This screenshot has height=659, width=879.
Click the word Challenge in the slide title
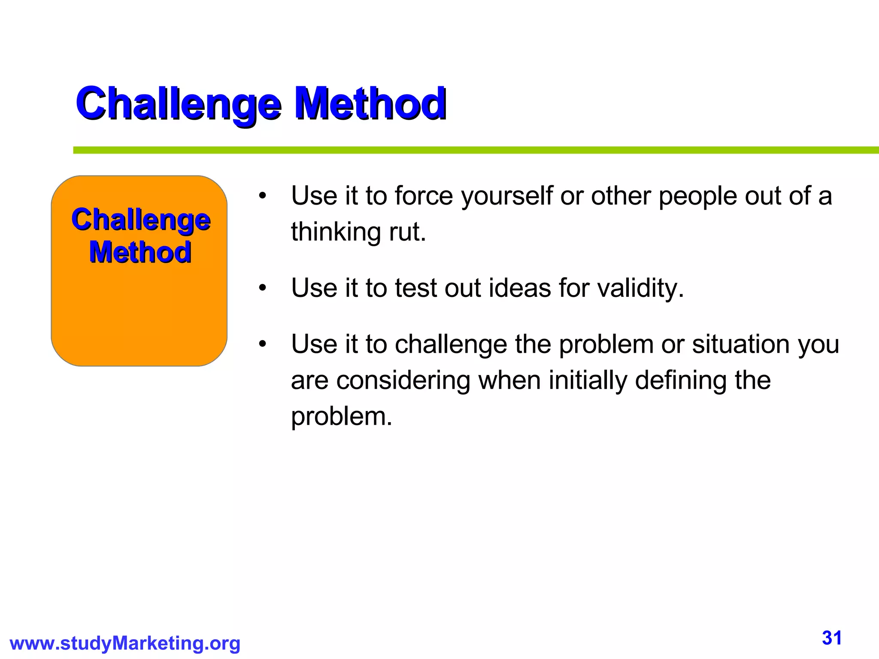click(x=179, y=104)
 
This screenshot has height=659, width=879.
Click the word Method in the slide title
click(x=370, y=104)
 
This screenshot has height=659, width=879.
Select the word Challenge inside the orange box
click(x=141, y=220)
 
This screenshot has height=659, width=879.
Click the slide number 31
click(x=832, y=638)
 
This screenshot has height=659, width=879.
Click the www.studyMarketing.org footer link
click(x=125, y=644)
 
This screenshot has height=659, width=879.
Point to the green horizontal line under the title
click(x=472, y=150)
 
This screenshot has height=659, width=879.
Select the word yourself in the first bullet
click(x=506, y=196)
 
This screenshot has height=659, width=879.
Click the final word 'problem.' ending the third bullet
click(x=342, y=417)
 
